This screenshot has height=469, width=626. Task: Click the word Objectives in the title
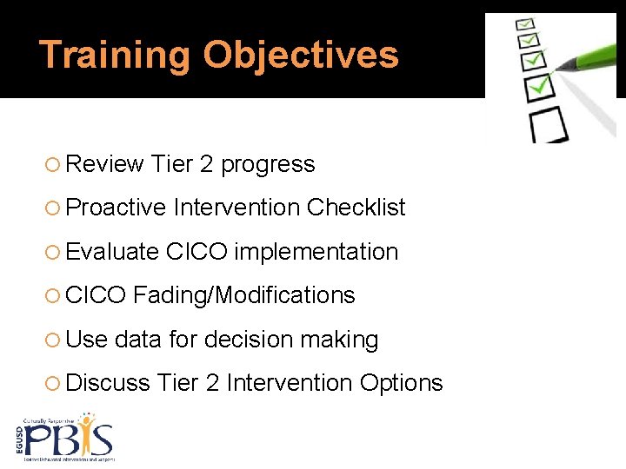click(x=301, y=55)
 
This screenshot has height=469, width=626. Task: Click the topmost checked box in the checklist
click(x=526, y=23)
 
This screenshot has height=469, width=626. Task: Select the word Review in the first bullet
click(x=104, y=164)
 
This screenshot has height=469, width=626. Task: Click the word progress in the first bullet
click(x=268, y=164)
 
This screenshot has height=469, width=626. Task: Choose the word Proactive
click(x=116, y=208)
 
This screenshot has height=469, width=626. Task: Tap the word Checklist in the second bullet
click(x=356, y=208)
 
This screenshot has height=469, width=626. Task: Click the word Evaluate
click(x=112, y=252)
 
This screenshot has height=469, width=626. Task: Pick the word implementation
click(x=316, y=252)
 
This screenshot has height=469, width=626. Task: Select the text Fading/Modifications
click(x=244, y=295)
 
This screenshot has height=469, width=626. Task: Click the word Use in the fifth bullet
click(x=86, y=339)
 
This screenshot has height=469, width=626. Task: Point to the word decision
click(x=251, y=339)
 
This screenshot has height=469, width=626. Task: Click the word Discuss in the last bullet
click(x=109, y=383)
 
